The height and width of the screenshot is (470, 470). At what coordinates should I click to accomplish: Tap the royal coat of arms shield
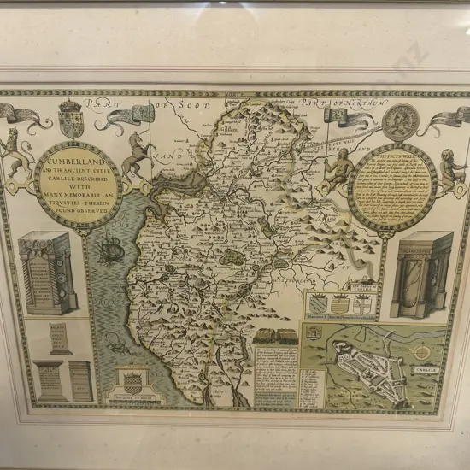71,119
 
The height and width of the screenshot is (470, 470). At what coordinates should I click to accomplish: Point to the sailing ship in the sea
109,251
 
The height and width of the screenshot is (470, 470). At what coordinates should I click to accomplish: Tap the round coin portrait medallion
399,122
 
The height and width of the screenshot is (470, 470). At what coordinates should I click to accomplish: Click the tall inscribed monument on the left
47,272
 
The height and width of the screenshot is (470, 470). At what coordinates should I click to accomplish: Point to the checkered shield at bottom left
132,382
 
